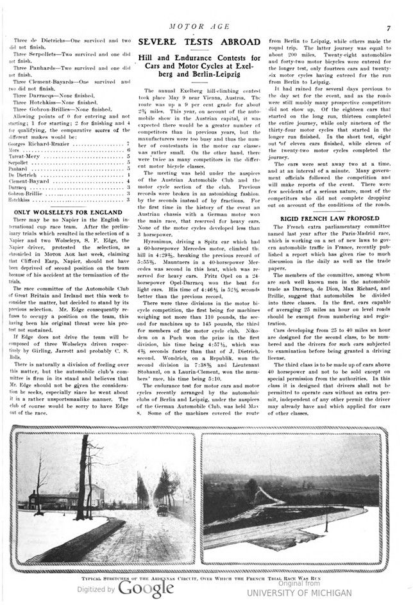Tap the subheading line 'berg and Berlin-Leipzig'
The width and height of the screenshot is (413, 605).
point(196,75)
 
